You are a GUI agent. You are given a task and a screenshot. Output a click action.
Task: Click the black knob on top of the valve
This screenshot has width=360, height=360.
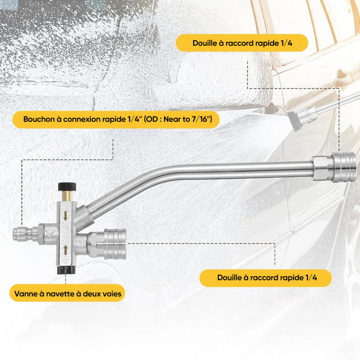tap(67, 186)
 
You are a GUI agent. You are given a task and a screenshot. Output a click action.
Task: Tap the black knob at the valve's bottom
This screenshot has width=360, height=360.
tap(66, 270)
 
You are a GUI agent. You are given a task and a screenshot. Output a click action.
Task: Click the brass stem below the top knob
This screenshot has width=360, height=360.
tap(67, 196)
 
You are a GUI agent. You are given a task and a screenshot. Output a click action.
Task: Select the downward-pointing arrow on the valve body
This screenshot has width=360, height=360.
tap(65, 216)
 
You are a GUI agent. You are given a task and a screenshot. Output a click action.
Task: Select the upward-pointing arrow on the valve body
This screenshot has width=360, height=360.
tap(65, 250)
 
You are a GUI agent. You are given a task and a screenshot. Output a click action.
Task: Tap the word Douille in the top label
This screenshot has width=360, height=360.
tap(204, 43)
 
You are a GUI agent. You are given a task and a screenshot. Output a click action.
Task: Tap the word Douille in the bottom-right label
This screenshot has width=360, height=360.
tap(229, 278)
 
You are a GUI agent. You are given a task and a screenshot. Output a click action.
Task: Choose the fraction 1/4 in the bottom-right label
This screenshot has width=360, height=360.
tap(311, 278)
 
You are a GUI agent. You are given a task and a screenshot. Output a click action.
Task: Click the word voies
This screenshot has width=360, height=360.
tap(112, 294)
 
